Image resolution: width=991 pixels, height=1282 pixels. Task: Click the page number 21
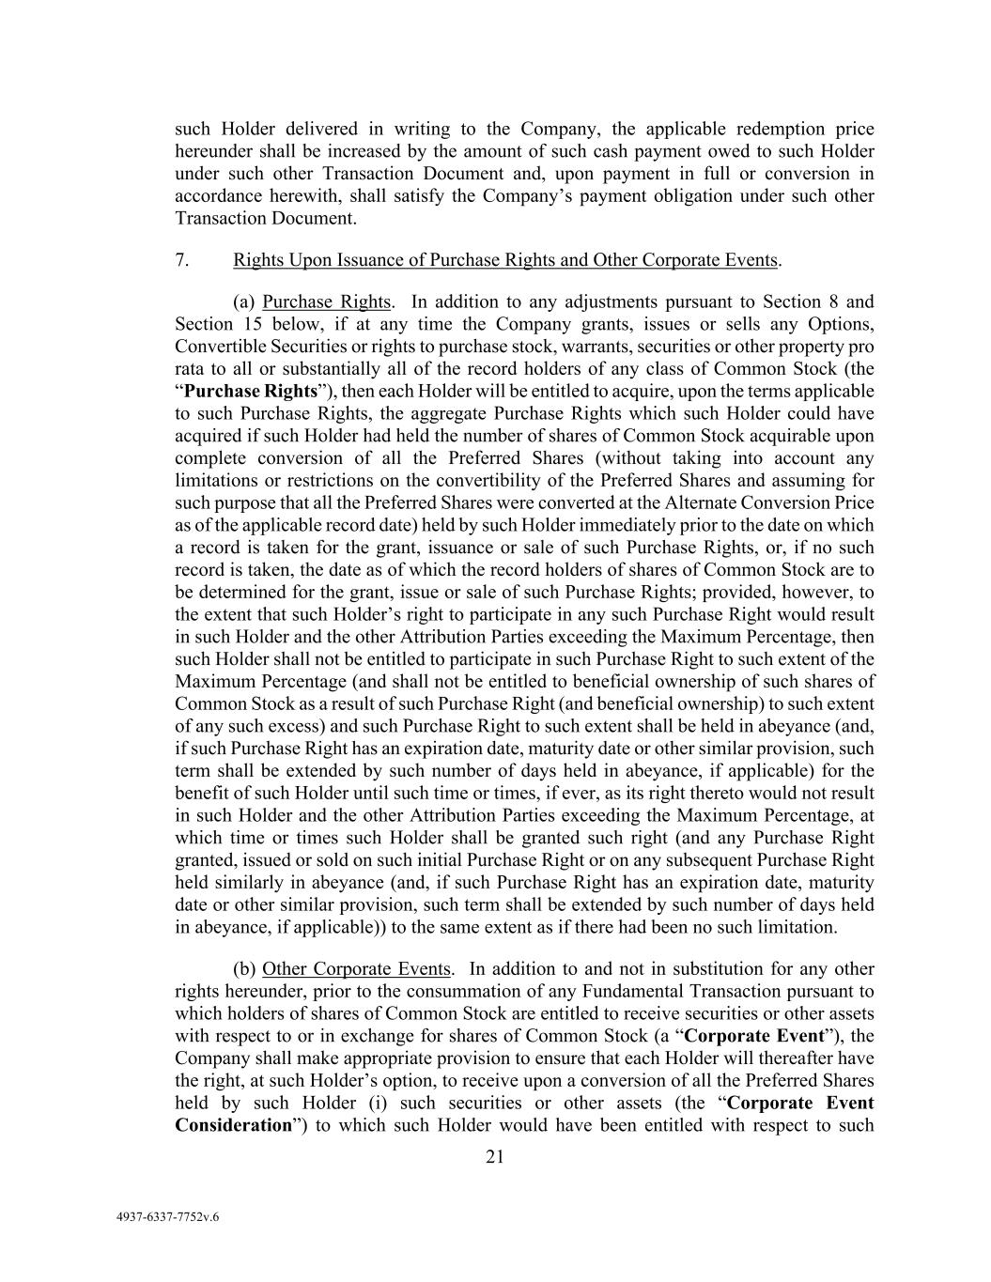click(495, 1157)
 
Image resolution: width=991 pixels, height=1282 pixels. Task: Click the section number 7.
click(182, 259)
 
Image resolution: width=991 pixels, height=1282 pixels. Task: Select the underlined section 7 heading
click(505, 259)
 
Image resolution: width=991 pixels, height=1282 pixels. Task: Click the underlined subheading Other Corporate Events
click(357, 968)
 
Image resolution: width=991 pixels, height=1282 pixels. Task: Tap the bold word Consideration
click(234, 1125)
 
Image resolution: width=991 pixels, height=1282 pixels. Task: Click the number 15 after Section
click(248, 324)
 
